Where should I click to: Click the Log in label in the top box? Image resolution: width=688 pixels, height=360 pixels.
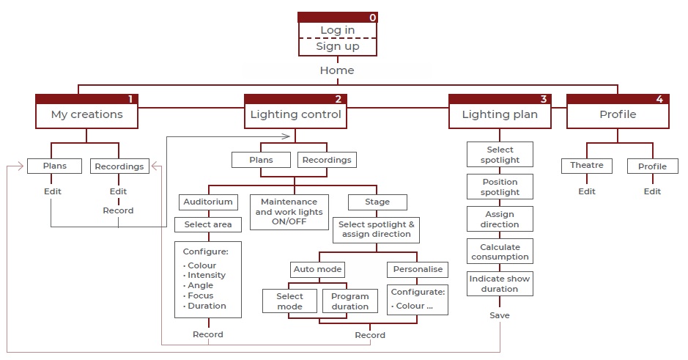pyautogui.click(x=337, y=30)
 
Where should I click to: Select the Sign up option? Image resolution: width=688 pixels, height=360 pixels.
pyautogui.click(x=337, y=46)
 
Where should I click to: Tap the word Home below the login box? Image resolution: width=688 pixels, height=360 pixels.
pyautogui.click(x=337, y=70)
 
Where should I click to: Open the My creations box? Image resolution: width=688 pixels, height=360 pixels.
pyautogui.click(x=86, y=114)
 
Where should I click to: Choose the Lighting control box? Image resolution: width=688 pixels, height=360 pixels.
pyautogui.click(x=295, y=114)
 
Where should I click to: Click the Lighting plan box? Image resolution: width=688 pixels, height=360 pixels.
pyautogui.click(x=500, y=114)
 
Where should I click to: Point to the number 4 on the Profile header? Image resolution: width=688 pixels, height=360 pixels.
pyautogui.click(x=659, y=99)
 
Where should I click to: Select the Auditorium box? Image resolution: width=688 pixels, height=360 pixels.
pyautogui.click(x=207, y=202)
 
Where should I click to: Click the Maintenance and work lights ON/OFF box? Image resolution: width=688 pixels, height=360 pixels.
pyautogui.click(x=289, y=212)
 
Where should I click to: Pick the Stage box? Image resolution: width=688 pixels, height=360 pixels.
pyautogui.click(x=377, y=202)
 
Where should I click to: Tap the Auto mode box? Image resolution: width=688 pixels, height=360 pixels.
pyautogui.click(x=317, y=269)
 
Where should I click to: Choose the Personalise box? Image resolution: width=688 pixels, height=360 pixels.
pyautogui.click(x=417, y=269)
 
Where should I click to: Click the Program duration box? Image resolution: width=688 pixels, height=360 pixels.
pyautogui.click(x=349, y=301)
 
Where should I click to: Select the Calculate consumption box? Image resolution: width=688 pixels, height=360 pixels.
pyautogui.click(x=500, y=251)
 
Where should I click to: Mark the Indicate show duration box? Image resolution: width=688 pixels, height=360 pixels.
pyautogui.click(x=500, y=284)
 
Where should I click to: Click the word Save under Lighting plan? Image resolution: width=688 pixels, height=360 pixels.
pyautogui.click(x=500, y=315)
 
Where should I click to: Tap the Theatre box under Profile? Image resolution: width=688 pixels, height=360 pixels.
pyautogui.click(x=587, y=166)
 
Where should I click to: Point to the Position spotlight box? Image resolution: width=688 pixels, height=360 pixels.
pyautogui.click(x=500, y=187)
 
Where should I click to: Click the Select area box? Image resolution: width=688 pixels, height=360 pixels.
pyautogui.click(x=207, y=224)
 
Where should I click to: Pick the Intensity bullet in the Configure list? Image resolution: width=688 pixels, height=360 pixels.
pyautogui.click(x=207, y=276)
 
